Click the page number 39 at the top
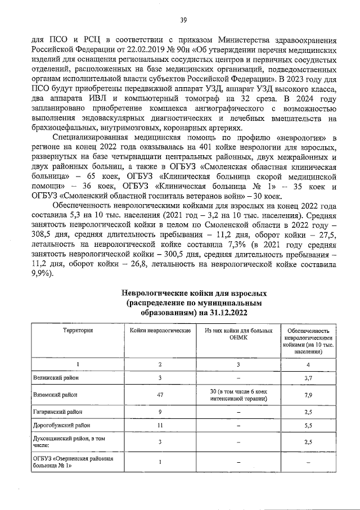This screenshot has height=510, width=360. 183,21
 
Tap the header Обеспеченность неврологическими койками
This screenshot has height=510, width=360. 308,341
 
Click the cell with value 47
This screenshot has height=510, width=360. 160,395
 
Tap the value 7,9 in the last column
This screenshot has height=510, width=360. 308,395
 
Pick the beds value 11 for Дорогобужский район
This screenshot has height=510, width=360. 160,425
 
